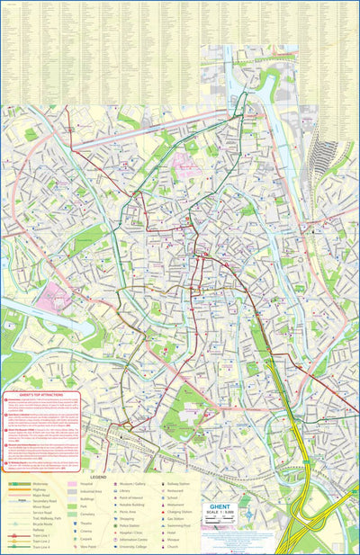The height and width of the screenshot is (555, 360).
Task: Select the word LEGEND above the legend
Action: [x=98, y=477]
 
